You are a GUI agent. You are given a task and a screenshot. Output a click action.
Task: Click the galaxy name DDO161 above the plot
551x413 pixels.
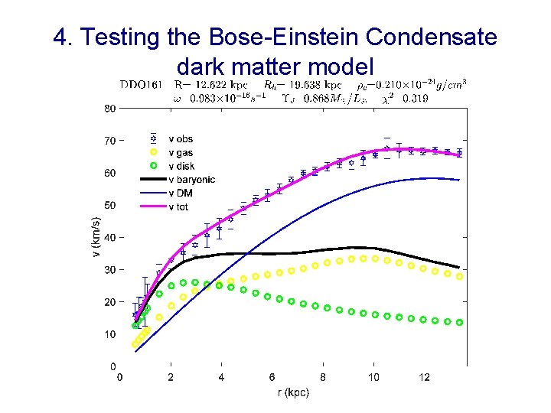pyautogui.click(x=140, y=84)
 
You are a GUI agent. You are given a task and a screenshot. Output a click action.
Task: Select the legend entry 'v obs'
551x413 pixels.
pyautogui.click(x=180, y=138)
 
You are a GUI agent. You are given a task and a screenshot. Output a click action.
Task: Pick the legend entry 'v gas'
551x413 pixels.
pyautogui.click(x=181, y=152)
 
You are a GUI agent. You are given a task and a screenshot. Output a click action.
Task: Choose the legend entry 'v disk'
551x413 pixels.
pyautogui.click(x=181, y=166)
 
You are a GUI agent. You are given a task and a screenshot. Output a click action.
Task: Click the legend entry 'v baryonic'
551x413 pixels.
pyautogui.click(x=191, y=180)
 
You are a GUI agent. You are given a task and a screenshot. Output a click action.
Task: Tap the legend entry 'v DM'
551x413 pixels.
pyautogui.click(x=181, y=193)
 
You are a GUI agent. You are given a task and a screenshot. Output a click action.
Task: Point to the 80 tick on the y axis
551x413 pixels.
pyautogui.click(x=109, y=109)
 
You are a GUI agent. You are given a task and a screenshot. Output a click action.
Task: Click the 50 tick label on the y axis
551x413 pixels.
pyautogui.click(x=109, y=205)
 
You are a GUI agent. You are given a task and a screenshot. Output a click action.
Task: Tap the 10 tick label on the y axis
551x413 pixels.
pyautogui.click(x=109, y=334)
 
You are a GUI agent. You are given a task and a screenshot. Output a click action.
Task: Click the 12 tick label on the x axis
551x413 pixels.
pyautogui.click(x=424, y=377)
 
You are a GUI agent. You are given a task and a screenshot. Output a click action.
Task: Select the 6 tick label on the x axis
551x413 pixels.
pyautogui.click(x=272, y=377)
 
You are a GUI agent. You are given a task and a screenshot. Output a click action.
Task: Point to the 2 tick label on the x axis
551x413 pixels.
pyautogui.click(x=170, y=377)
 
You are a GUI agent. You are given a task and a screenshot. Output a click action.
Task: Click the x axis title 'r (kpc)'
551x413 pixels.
pyautogui.click(x=292, y=393)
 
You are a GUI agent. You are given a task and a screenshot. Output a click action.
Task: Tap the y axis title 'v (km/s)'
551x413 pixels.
pyautogui.click(x=96, y=237)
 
